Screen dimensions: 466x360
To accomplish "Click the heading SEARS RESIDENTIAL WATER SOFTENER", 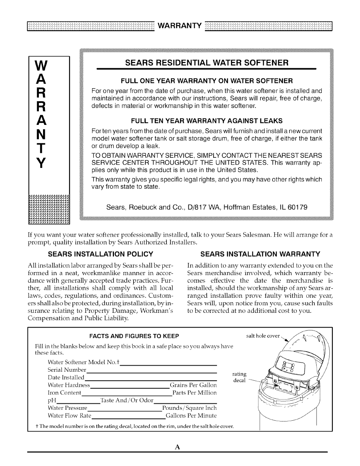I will click(206, 63).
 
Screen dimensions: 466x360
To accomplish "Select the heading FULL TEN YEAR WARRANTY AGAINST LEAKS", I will click(206, 121).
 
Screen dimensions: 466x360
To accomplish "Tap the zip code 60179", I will click(297, 207).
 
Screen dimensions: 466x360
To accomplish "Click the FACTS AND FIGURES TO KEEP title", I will click(134, 336).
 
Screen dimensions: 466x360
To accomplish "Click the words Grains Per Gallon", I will click(193, 385).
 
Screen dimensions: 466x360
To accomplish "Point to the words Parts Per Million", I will click(194, 393).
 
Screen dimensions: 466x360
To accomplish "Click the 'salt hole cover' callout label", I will click(263, 336).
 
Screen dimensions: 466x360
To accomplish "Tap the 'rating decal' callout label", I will click(240, 377).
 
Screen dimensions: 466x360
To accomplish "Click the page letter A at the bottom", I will click(177, 447).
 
